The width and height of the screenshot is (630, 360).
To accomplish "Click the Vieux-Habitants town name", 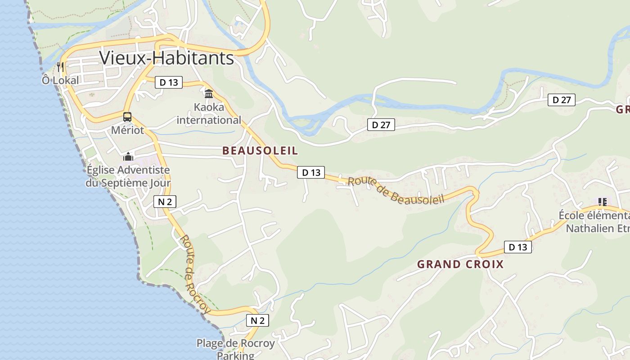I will coord(166,58).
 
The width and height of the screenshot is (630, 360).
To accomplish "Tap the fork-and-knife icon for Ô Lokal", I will coord(60,67).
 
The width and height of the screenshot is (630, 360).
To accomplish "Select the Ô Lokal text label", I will coord(60,81).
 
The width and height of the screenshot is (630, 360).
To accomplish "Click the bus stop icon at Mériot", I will coord(127,117).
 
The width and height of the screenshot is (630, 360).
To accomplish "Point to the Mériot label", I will coord(128,130).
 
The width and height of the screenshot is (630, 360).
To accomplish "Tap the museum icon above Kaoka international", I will coord(209,94).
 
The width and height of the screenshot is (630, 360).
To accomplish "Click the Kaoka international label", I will coord(209,114).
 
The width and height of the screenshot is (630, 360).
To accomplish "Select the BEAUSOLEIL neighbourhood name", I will coord(260,151).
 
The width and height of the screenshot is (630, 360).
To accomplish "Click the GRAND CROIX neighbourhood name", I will coord(460,264).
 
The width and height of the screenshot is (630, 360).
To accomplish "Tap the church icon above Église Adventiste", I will coord(128,157).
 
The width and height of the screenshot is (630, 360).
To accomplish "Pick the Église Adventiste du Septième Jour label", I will coord(128,176).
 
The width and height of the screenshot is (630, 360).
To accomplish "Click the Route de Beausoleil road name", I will coord(396,190).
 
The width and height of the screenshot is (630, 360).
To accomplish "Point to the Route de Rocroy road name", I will coord(195,274).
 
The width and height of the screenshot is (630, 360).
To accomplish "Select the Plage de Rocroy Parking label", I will coord(235,349).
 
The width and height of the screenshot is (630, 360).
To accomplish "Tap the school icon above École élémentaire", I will coord(603,202).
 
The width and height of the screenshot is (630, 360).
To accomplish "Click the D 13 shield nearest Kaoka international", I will coord(169,82).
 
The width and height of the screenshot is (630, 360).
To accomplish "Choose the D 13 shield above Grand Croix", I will coord(517,247).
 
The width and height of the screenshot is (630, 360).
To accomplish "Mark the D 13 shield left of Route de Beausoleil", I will coord(311,172).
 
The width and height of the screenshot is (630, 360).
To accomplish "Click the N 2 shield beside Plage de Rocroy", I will coord(257,320).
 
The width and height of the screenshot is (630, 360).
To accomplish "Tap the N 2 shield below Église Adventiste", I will coord(165,202).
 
